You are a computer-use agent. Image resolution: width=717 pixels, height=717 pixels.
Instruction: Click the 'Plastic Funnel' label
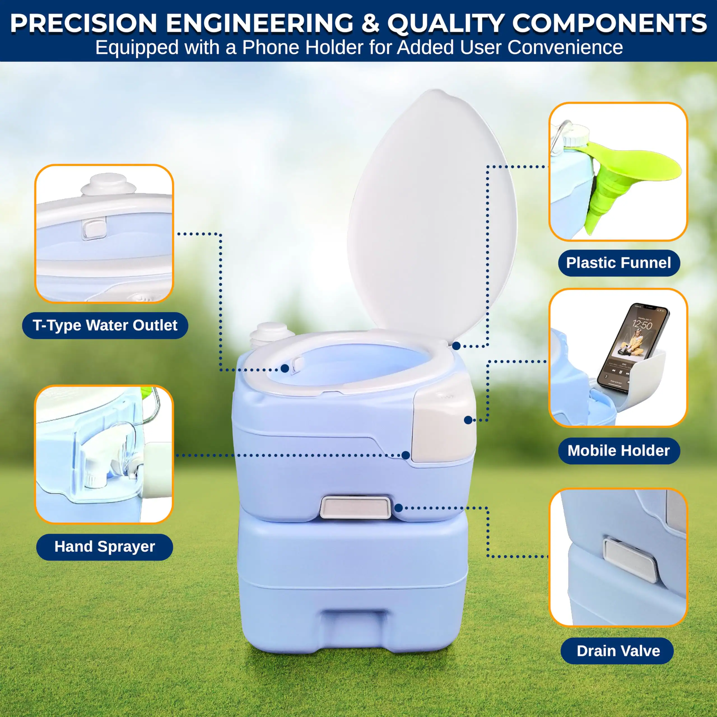619,263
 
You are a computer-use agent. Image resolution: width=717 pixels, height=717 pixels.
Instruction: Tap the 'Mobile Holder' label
619,451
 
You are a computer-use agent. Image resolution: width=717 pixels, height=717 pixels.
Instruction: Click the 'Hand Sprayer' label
105,547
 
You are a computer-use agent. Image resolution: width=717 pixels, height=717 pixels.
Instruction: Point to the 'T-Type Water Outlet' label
105,325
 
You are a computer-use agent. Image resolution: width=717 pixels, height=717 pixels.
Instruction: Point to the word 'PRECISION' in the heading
83,23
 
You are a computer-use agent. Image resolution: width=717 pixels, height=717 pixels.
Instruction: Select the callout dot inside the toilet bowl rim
285,368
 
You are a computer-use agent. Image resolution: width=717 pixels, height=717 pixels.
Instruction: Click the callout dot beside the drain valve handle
399,508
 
